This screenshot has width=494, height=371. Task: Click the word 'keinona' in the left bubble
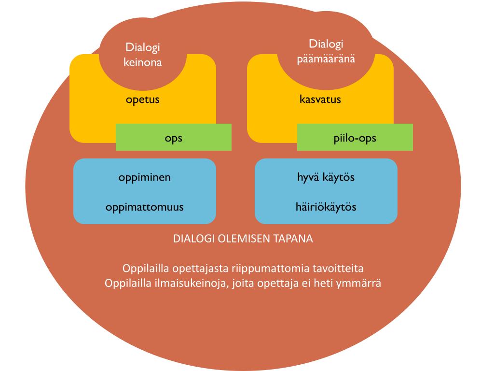(142, 62)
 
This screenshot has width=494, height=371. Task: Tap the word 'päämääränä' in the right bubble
(326, 59)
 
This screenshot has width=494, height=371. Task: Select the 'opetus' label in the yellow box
(142, 100)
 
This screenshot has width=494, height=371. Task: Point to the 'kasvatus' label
(320, 100)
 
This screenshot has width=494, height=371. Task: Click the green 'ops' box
(174, 138)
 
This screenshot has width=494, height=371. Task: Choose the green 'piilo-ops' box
(355, 138)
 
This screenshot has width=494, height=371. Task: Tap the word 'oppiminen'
(144, 177)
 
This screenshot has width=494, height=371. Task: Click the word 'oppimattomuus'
(144, 207)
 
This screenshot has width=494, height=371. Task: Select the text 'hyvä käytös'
(326, 177)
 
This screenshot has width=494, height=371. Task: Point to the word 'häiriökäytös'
(326, 207)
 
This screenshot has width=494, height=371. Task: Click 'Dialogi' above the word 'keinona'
(142, 47)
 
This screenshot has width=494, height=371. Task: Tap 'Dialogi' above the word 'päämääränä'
(326, 44)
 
